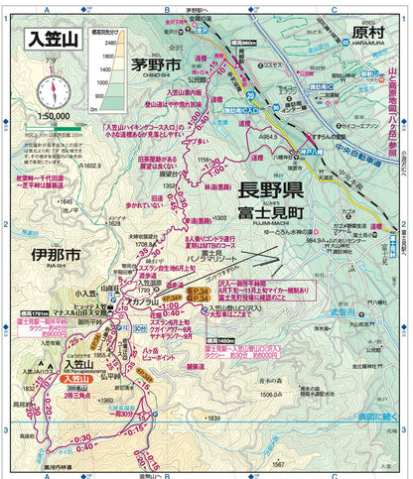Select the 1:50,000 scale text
52,116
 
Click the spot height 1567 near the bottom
280,462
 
